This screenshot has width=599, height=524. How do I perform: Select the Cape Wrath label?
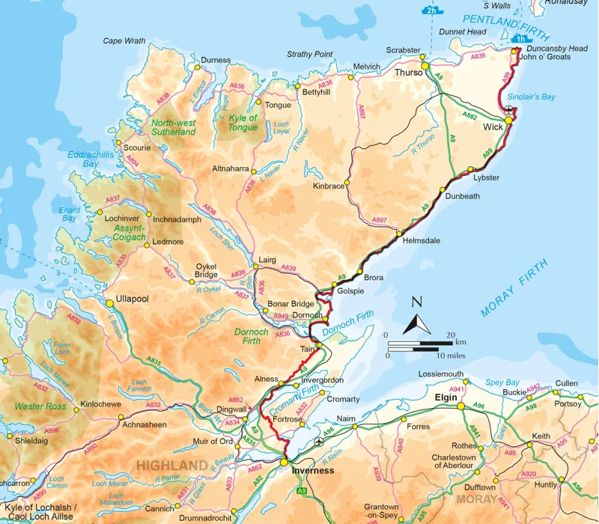[x=124, y=41]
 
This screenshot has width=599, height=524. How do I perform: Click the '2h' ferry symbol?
[x=430, y=11]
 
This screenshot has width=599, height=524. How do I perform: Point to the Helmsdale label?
[x=421, y=240]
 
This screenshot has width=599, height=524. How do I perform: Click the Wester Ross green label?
[x=40, y=407]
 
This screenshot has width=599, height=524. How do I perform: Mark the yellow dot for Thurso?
[x=425, y=67]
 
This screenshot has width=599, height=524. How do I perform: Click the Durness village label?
[x=216, y=59]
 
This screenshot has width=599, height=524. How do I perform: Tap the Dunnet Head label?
[x=465, y=32]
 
